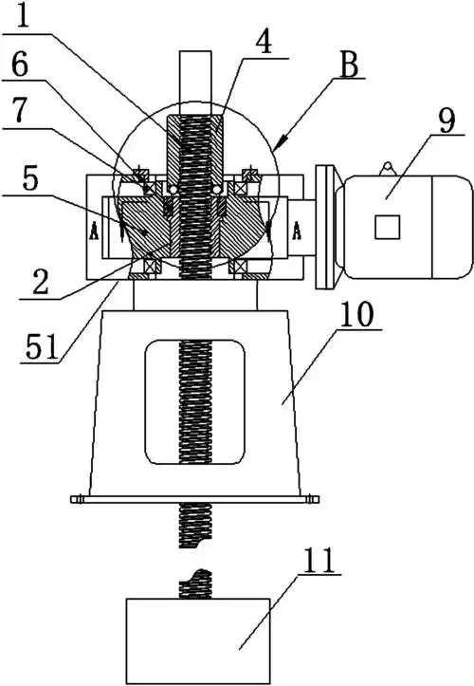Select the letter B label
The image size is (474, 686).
click(x=349, y=64)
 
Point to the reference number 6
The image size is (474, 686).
click(x=19, y=66)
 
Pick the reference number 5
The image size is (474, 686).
click(x=29, y=178)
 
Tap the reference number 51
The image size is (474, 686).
click(x=41, y=347)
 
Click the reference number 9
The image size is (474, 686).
click(x=446, y=120)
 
